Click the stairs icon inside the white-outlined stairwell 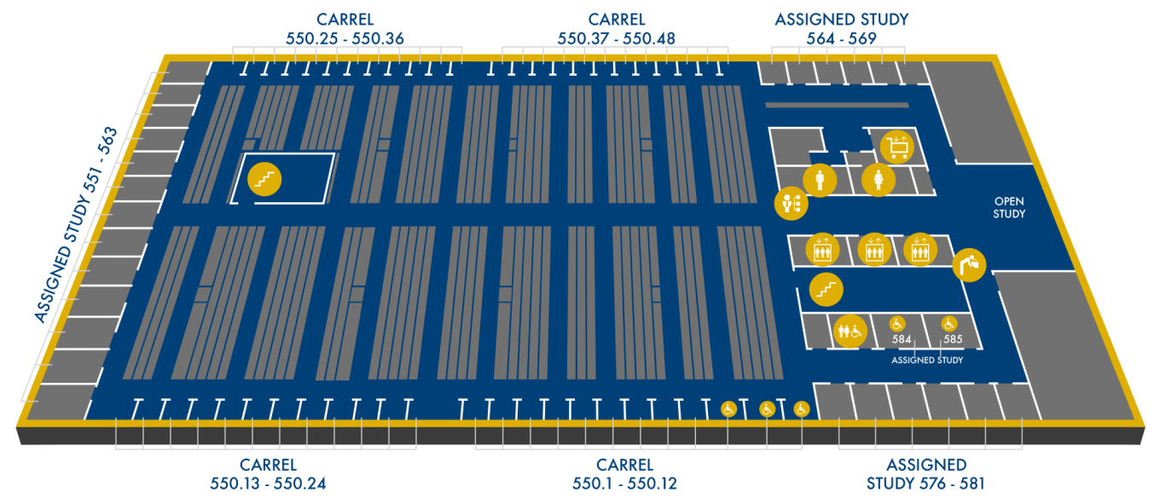[x=264, y=180]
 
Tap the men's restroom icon [x=820, y=180]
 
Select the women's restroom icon [x=879, y=180]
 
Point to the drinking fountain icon [x=970, y=264]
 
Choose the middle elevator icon [x=873, y=250]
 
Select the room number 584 [x=902, y=339]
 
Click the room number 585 [x=953, y=339]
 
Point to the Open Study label [x=1009, y=208]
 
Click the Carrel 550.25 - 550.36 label [x=345, y=28]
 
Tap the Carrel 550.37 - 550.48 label [x=616, y=28]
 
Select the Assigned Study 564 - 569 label [x=841, y=28]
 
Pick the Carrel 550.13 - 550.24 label [x=268, y=474]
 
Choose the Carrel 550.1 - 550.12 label [x=624, y=474]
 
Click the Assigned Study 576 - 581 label [x=925, y=474]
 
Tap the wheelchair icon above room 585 [x=948, y=323]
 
